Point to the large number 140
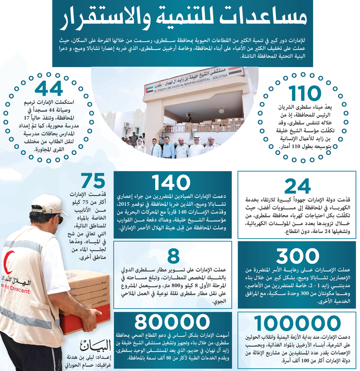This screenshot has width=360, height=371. tap(171, 183)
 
